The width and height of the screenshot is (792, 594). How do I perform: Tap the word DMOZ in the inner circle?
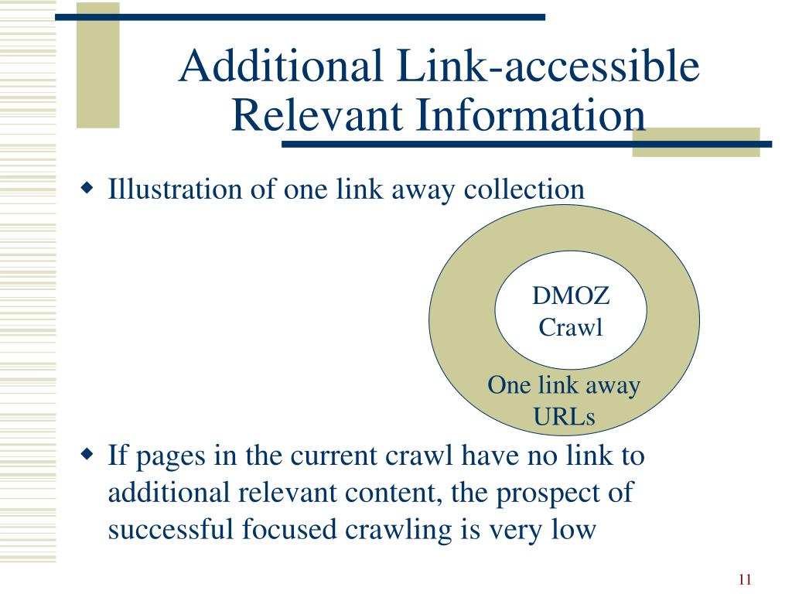pos(571,295)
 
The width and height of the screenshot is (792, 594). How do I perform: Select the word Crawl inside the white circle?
pos(571,327)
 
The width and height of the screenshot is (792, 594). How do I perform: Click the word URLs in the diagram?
pos(564,418)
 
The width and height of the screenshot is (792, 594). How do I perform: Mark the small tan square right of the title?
pos(696,142)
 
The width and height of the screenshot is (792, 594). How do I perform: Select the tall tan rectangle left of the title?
pos(98,64)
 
